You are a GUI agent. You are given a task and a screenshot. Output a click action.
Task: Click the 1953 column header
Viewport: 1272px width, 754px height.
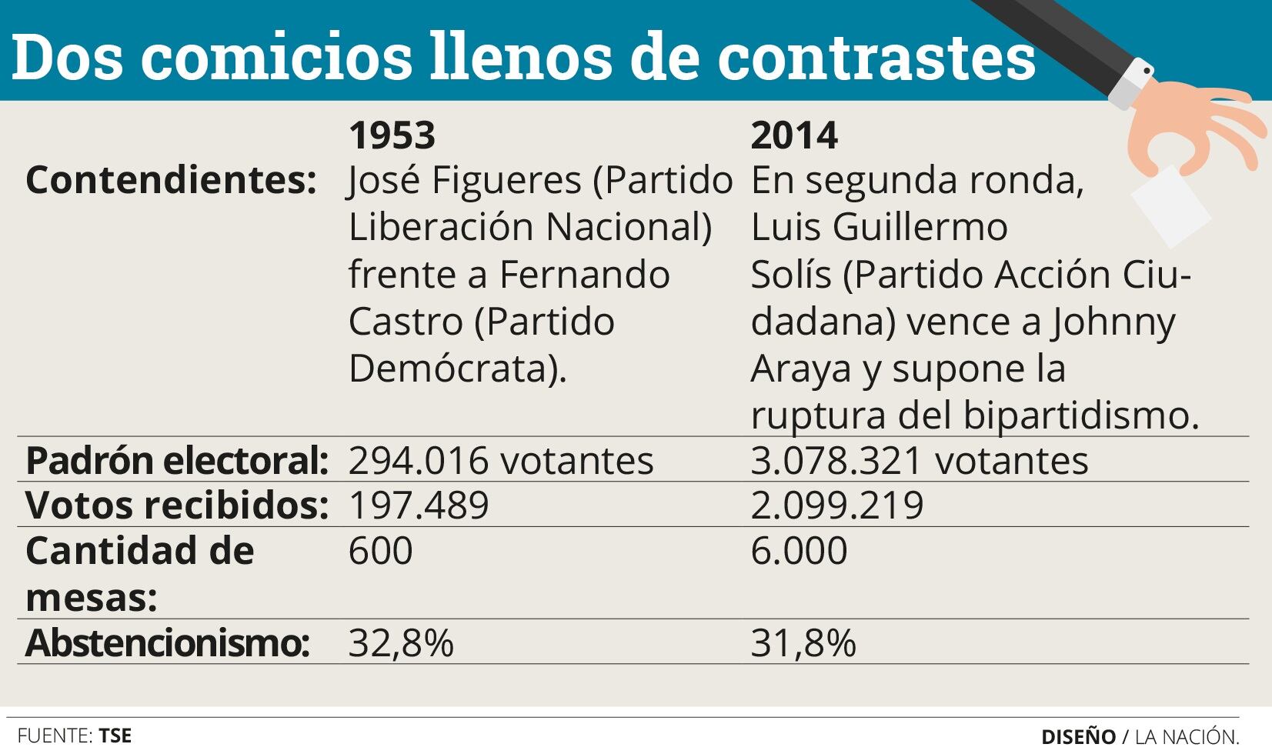click(x=392, y=135)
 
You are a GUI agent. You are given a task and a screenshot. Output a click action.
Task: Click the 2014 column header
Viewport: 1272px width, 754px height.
click(x=793, y=135)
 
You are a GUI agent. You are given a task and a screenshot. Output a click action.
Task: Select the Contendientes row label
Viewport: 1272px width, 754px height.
click(x=171, y=181)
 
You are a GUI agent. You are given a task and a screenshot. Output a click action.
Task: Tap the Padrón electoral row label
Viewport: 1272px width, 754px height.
click(x=177, y=461)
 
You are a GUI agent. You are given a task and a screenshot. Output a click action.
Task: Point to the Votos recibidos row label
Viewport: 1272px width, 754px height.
click(x=177, y=505)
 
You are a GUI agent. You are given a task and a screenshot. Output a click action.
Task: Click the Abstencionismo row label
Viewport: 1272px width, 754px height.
click(x=167, y=642)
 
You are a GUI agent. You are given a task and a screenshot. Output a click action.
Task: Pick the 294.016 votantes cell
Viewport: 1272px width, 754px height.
click(x=500, y=461)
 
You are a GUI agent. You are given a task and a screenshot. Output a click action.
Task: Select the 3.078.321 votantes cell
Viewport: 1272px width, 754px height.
click(x=919, y=461)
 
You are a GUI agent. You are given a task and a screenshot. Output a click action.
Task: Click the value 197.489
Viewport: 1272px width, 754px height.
click(x=419, y=505)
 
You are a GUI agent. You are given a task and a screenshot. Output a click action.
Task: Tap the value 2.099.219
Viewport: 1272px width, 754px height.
click(x=836, y=505)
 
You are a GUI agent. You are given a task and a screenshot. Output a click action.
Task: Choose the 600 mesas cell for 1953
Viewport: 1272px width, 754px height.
click(x=380, y=551)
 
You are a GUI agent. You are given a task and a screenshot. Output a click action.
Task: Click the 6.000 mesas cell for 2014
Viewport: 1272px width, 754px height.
click(x=799, y=551)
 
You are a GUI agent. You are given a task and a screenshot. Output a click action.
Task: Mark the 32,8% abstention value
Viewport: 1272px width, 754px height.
click(x=401, y=642)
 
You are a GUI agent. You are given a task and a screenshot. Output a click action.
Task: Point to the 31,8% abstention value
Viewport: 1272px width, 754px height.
click(x=803, y=642)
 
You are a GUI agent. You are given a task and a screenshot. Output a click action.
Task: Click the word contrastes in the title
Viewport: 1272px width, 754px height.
click(x=876, y=58)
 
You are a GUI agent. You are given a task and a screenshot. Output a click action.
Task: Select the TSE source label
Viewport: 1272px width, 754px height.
click(x=115, y=736)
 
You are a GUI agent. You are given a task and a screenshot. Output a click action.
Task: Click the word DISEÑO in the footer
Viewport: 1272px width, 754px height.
click(x=1078, y=736)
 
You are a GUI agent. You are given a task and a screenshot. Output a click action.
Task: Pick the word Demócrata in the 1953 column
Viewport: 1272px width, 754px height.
click(x=451, y=369)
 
